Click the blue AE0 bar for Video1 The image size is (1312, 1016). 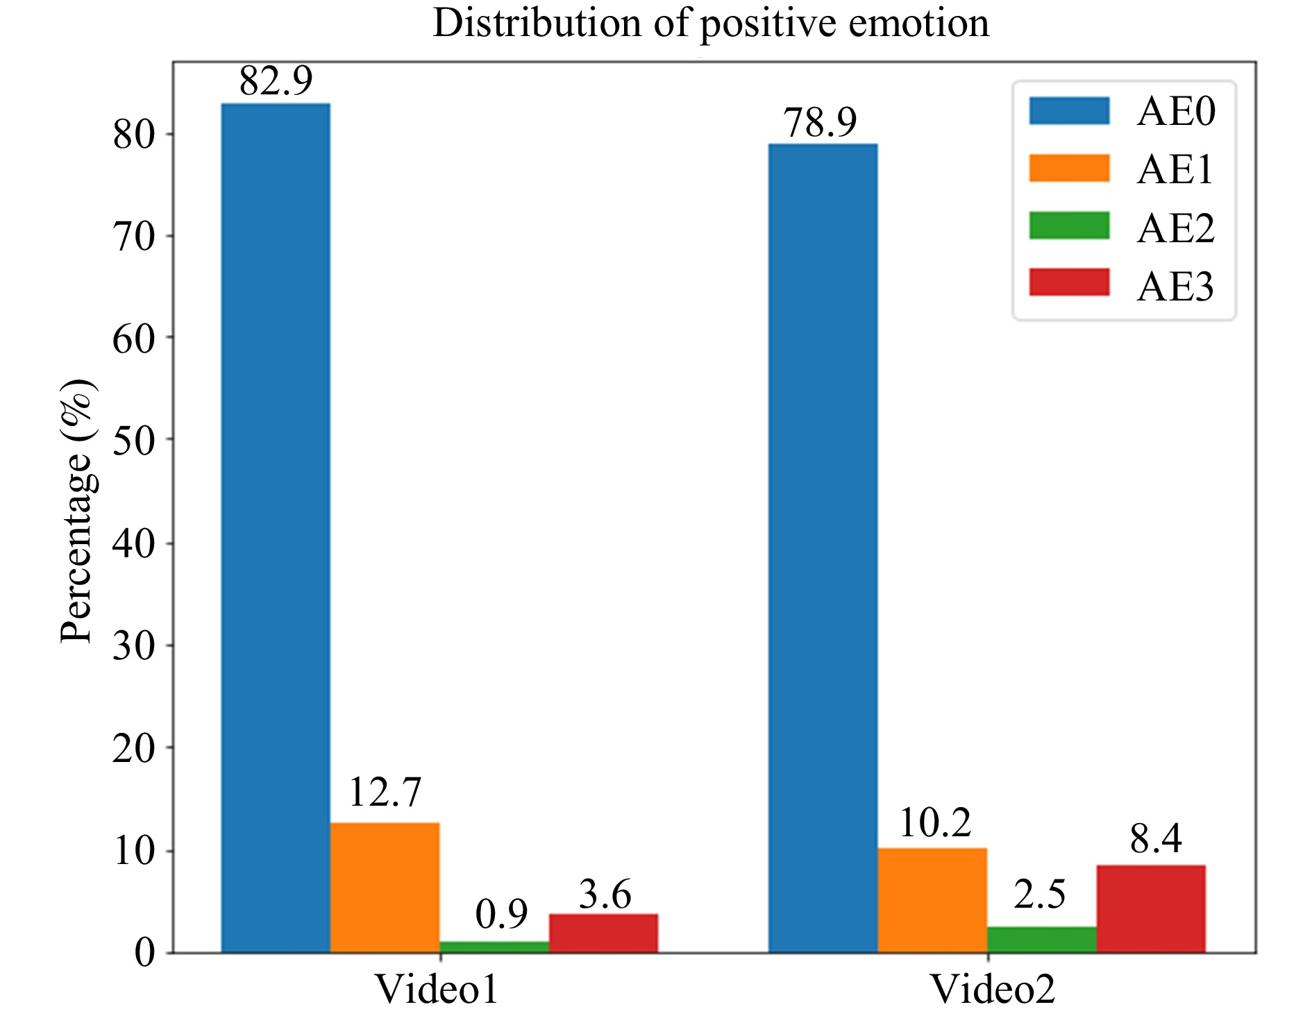point(276,527)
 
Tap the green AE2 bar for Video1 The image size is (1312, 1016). point(494,947)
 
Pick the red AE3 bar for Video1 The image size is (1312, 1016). point(603,933)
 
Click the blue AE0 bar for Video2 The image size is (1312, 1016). point(823,548)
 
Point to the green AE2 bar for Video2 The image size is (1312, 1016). point(1041,939)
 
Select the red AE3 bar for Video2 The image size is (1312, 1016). point(1151,908)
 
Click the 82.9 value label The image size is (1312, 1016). point(276,81)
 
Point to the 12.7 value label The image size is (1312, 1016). point(385,792)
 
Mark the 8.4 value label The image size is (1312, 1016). point(1156,838)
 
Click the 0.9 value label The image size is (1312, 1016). point(501,914)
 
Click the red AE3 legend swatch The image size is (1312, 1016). point(1069,282)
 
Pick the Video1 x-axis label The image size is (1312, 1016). point(437,989)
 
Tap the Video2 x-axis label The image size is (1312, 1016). point(992,989)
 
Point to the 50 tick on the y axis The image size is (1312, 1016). point(133,440)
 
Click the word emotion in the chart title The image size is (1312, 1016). point(918,24)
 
